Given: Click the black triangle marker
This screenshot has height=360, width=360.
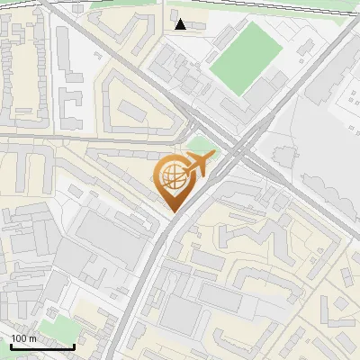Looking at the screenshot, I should point(181,24).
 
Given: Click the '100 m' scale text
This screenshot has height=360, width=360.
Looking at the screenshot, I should point(23,338).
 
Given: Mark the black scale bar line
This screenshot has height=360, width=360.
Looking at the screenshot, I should point(41,346).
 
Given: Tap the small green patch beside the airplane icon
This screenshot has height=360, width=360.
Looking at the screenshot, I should point(202,146).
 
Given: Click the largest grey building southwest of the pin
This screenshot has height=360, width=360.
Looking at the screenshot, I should point(108,236).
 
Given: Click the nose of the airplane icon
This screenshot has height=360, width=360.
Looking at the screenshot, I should point(214,158).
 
